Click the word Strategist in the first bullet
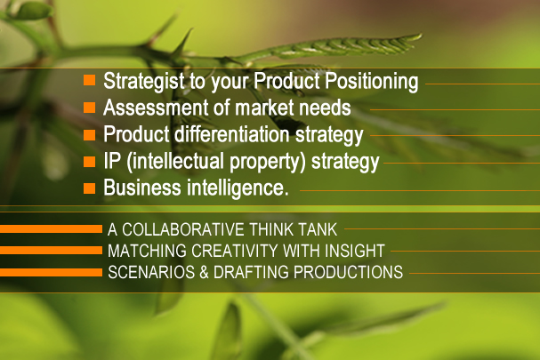144,82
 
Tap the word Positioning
372,82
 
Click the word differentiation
232,134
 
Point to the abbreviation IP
112,161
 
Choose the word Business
142,188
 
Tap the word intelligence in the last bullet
235,188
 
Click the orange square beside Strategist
90,80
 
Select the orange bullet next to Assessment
90,107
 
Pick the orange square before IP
90,162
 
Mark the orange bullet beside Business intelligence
90,188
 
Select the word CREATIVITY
235,251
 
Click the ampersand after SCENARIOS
204,272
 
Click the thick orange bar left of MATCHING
51,250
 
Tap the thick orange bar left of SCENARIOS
51,272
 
